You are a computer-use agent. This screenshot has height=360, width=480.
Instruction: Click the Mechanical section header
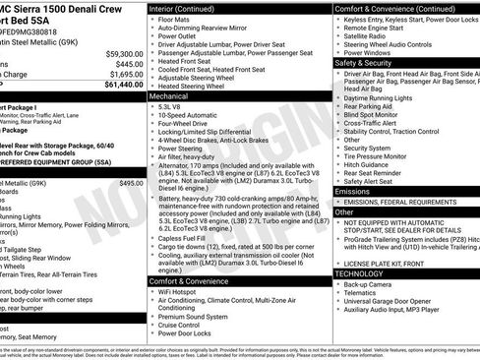[x=169, y=97]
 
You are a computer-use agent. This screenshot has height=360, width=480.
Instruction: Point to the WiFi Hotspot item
[x=184, y=292]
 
